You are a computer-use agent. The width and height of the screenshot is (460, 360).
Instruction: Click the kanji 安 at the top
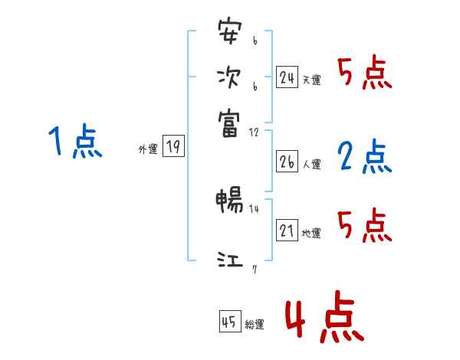tap(228, 34)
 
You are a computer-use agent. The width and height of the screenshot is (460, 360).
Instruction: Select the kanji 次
tap(228, 77)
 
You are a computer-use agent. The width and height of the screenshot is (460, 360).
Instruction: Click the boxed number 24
tap(287, 77)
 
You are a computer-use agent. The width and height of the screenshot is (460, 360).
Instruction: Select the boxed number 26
tap(287, 162)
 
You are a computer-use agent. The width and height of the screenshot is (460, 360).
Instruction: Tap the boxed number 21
tap(287, 231)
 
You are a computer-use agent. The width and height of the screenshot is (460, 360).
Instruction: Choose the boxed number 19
tap(173, 148)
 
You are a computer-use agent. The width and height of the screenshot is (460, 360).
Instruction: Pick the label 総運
tap(255, 325)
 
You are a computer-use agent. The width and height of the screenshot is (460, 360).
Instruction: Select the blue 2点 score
tap(365, 157)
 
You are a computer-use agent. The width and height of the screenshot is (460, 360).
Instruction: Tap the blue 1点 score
tap(75, 142)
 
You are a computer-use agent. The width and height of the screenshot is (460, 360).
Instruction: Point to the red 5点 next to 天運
tap(365, 74)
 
